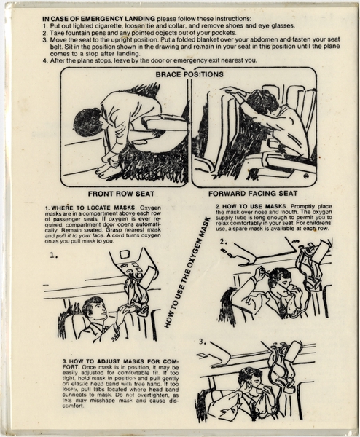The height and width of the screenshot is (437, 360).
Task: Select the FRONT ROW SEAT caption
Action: [122, 194]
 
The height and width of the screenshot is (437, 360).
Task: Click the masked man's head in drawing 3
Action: [249, 381]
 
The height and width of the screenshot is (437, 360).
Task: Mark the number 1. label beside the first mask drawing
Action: [54, 256]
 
